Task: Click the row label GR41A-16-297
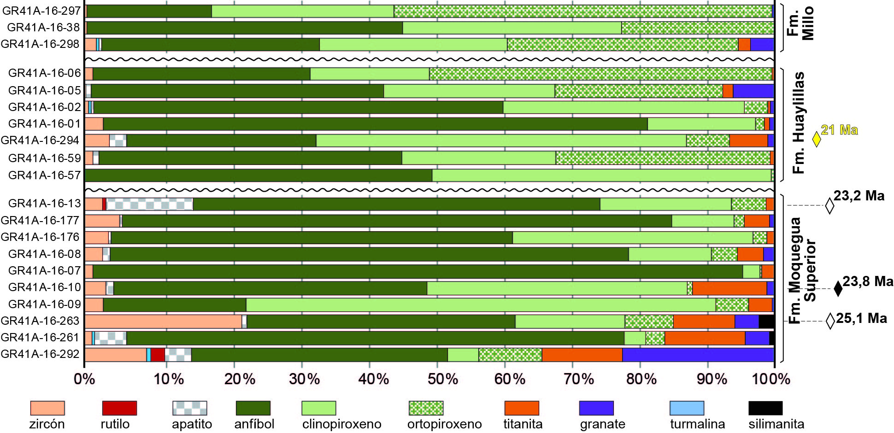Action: coord(41,11)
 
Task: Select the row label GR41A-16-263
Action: coord(41,321)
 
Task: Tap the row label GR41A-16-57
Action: coord(44,175)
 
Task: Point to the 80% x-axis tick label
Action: coord(641,379)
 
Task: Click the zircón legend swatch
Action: coord(47,408)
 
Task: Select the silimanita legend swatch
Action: coord(765,408)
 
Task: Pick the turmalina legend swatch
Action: coord(687,408)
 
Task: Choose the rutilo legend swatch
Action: coord(119,408)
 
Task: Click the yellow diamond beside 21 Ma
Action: coord(816,139)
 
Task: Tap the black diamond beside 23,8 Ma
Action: coord(838,289)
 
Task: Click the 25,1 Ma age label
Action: coord(861,318)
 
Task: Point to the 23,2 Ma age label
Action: coord(859,196)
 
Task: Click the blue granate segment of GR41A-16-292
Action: coord(698,355)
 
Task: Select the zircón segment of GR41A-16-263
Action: coord(163,322)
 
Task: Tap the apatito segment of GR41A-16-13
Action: coord(149,204)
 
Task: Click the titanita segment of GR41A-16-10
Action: coord(729,288)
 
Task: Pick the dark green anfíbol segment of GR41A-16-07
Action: coord(418,271)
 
